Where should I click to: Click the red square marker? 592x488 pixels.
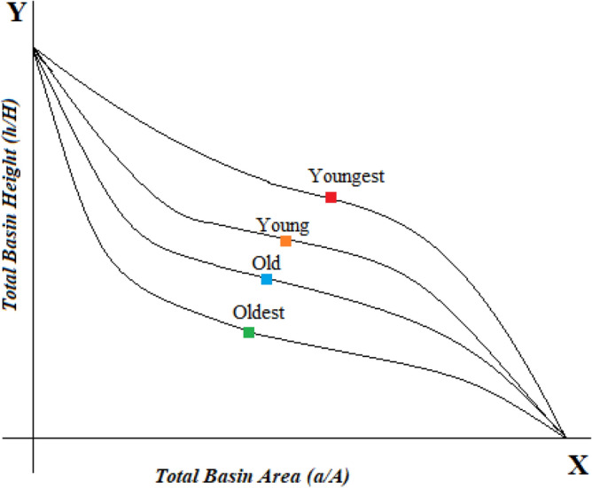click(x=331, y=197)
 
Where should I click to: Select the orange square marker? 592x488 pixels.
click(x=285, y=241)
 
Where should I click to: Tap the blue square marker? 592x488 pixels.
click(x=267, y=279)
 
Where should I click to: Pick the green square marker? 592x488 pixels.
click(x=249, y=332)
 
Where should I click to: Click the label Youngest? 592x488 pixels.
click(x=347, y=175)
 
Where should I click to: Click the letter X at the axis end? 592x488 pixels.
click(x=577, y=466)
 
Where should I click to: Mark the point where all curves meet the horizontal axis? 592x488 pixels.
click(x=565, y=437)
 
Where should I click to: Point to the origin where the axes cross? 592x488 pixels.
click(x=34, y=438)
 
